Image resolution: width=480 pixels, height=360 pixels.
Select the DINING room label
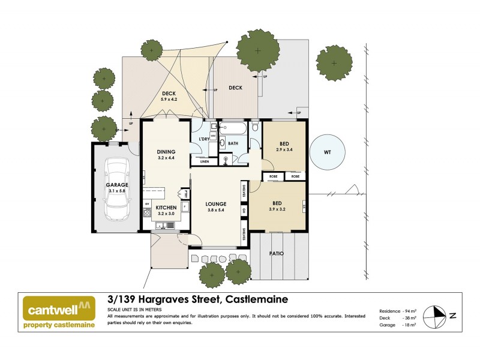(166, 152)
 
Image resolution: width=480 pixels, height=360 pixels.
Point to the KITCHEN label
(166, 207)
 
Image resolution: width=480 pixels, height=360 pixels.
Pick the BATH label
(232, 143)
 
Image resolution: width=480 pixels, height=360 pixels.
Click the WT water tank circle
(328, 152)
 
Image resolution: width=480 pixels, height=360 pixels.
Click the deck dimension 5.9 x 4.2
(169, 100)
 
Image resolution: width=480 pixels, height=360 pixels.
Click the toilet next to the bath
(256, 127)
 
